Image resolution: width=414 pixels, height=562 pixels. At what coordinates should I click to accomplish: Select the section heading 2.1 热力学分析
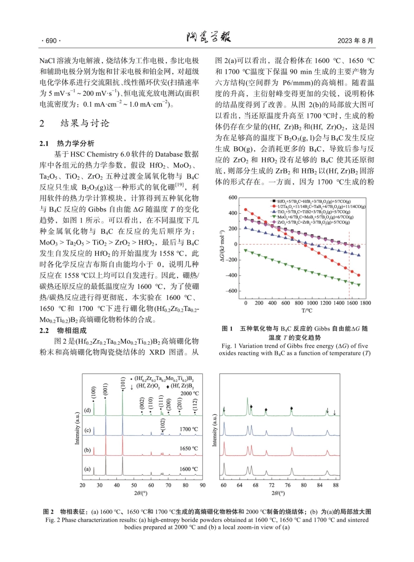[x=70, y=144]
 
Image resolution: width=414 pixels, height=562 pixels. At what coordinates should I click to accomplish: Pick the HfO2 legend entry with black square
[x=303, y=202]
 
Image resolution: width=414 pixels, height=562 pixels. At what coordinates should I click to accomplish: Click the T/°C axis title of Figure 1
[x=305, y=310]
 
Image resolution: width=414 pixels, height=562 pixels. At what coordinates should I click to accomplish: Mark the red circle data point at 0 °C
[x=246, y=209]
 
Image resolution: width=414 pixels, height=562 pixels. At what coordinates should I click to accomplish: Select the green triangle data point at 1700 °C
[x=359, y=285]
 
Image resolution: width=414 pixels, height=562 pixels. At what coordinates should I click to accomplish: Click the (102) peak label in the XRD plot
[x=162, y=424]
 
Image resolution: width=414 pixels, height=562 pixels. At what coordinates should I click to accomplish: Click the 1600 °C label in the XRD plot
[x=189, y=469]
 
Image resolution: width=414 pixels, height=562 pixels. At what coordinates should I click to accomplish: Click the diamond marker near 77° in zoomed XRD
[x=292, y=408]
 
